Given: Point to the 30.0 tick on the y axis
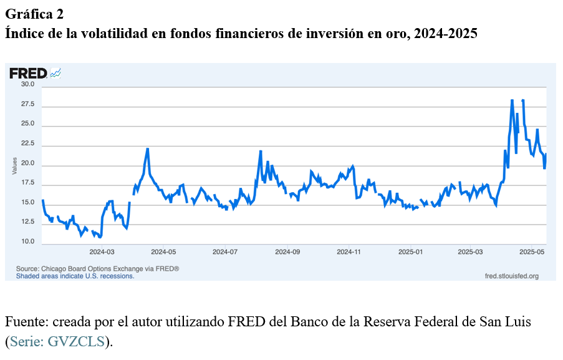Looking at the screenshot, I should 27,84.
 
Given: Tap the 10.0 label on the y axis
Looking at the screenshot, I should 27,241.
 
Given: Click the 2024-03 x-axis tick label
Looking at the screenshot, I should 102,252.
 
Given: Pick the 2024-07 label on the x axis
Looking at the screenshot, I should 225,252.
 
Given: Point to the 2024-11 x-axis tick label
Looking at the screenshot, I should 349,252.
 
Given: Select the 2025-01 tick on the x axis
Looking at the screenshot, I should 410,252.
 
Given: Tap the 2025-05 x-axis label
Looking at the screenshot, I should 532,252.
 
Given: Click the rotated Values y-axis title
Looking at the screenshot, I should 14,166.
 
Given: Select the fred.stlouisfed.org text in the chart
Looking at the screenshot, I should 511,275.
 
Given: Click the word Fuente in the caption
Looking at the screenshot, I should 26,322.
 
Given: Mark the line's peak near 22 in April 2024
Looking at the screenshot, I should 148,148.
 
